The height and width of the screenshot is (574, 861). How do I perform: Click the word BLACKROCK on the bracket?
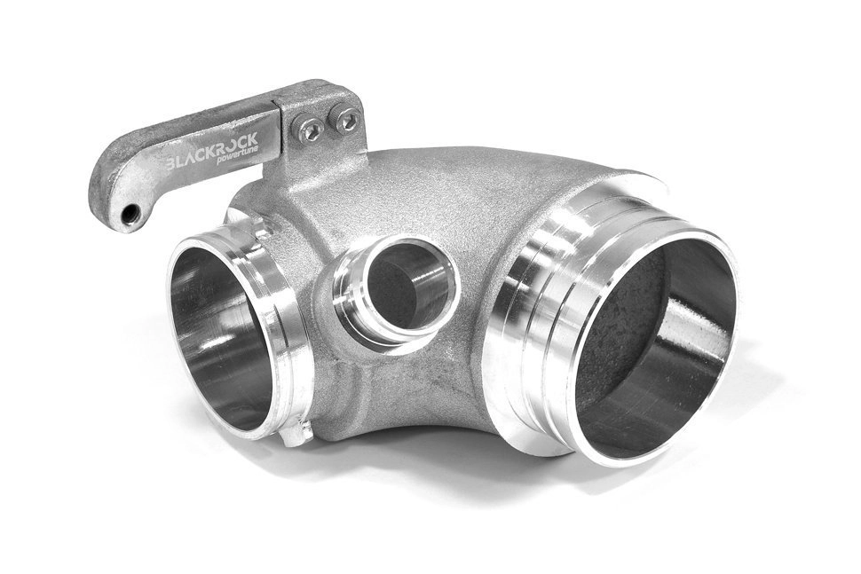pyautogui.click(x=212, y=153)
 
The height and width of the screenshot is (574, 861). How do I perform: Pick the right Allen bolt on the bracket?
pyautogui.click(x=346, y=120)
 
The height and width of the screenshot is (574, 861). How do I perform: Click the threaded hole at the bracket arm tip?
pyautogui.click(x=129, y=215)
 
